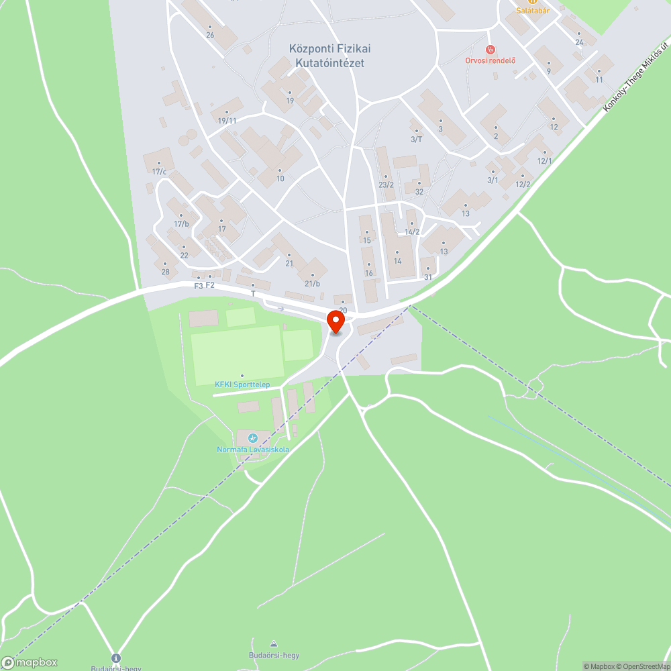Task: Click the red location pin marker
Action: point(335,323)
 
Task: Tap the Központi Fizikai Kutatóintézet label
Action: point(329,56)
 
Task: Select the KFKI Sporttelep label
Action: point(242,384)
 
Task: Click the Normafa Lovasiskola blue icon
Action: point(253,438)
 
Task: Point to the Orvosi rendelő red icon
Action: point(491,49)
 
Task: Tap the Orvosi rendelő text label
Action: point(491,60)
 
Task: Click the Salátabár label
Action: point(533,10)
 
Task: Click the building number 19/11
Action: point(227,121)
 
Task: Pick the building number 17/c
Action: point(159,172)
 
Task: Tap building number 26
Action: point(210,35)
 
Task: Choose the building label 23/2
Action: point(386,185)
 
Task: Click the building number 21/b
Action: point(313,284)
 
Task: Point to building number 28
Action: point(165,272)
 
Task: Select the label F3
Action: point(198,286)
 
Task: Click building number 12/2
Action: point(523,185)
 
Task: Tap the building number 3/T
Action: point(416,140)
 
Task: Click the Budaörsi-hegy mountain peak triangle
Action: point(273,644)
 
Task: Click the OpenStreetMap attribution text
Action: point(642,666)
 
